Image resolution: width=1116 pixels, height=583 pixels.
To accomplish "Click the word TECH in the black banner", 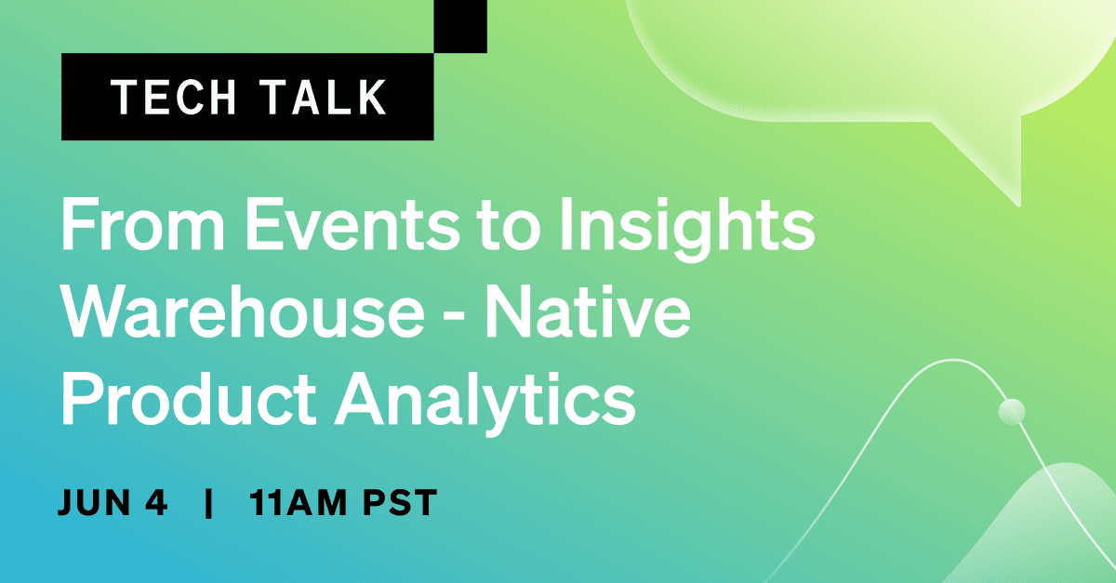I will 170,98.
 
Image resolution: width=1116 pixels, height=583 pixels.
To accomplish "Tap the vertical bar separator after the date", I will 208,504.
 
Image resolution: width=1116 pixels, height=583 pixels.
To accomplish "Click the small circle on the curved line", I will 1011,411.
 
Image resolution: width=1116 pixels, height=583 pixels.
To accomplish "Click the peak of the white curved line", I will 949,362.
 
